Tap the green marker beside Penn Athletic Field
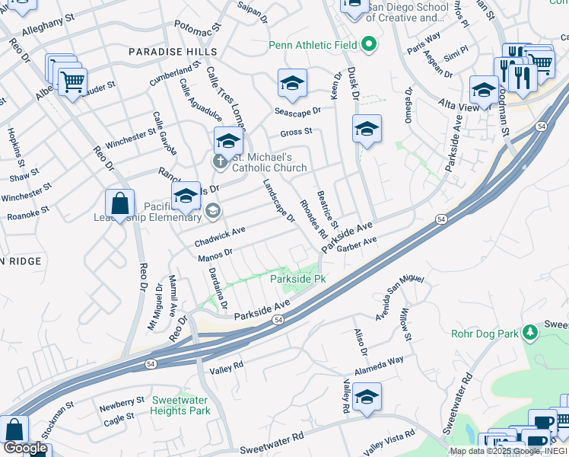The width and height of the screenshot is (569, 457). pos(369,44)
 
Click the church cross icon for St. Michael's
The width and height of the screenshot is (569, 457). pos(220,161)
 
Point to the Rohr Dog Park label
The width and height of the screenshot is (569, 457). pos(485,333)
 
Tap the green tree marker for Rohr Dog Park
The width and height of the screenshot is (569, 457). pos(530,332)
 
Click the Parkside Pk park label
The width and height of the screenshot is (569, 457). pos(298,280)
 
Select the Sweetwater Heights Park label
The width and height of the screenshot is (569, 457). pos(180,405)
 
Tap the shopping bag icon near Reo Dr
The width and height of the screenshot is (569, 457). pos(120,204)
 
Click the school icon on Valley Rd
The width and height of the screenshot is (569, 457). pos(367,397)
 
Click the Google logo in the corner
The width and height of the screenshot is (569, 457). pos(25,449)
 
